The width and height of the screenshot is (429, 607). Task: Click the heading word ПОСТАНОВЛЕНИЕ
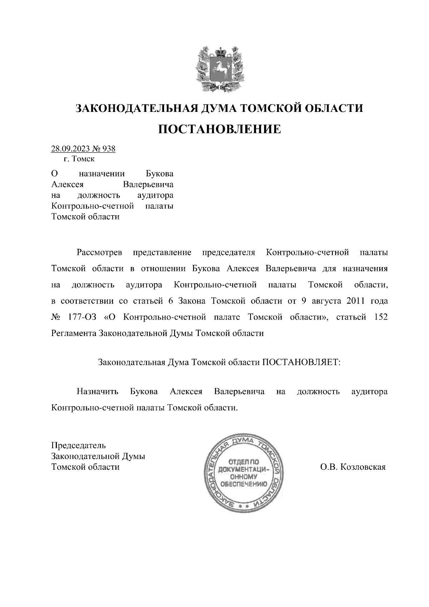pyautogui.click(x=219, y=129)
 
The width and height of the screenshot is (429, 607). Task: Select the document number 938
pyautogui.click(x=108, y=149)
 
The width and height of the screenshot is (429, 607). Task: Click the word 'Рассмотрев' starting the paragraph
pyautogui.click(x=99, y=253)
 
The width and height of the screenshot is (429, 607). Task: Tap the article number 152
pyautogui.click(x=380, y=317)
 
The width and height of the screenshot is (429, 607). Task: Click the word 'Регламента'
pyautogui.click(x=73, y=333)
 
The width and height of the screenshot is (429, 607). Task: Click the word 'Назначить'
pyautogui.click(x=97, y=391)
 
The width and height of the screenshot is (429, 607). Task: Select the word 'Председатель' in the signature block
pyautogui.click(x=78, y=445)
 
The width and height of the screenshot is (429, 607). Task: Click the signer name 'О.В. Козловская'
pyautogui.click(x=353, y=467)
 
